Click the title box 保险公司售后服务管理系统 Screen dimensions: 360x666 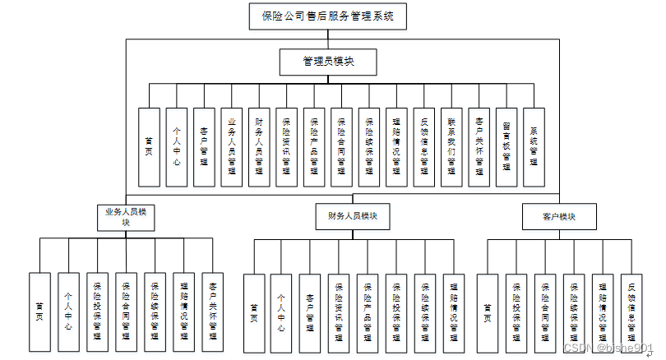pyautogui.click(x=326, y=16)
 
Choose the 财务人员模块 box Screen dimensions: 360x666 pyautogui.click(x=352, y=217)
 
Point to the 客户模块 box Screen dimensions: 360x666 pyautogui.click(x=558, y=217)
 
